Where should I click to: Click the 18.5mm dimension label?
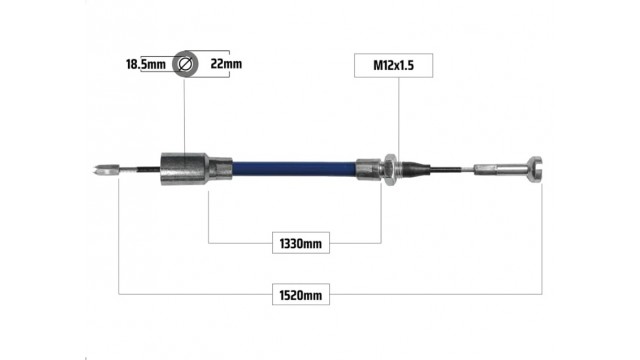146,64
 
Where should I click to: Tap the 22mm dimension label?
226,64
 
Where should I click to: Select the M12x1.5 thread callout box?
393,65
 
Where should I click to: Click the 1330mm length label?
301,244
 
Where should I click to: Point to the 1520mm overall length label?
301,295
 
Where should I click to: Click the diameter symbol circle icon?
185,64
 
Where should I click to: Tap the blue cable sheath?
294,169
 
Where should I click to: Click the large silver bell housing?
184,169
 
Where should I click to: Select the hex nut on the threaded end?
391,169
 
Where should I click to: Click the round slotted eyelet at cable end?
535,169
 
